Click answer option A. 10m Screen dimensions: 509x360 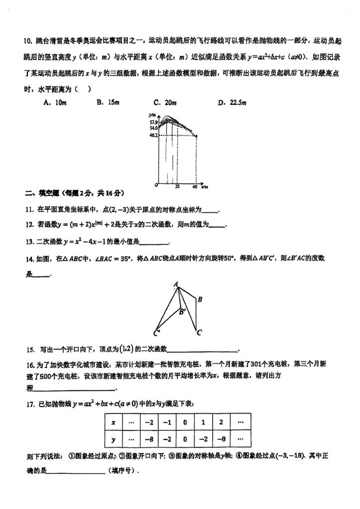(55, 103)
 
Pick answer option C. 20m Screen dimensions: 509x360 (165, 103)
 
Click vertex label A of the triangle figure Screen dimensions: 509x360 (176, 285)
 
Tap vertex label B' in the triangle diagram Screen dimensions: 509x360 (182, 312)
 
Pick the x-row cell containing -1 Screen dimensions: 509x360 (167, 423)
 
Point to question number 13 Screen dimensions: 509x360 (29, 242)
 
